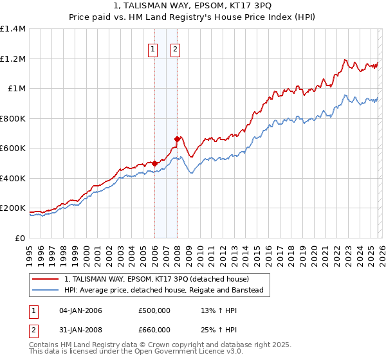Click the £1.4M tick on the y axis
tap(13, 29)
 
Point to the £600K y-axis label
tap(13, 148)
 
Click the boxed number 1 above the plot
tap(153, 49)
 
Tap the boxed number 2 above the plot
tap(175, 49)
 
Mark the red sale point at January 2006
tap(154, 163)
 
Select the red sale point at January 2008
tap(178, 139)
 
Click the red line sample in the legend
tap(45, 279)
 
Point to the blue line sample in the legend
tap(45, 290)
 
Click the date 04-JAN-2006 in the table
tap(80, 310)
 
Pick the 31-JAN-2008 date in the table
tap(80, 330)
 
